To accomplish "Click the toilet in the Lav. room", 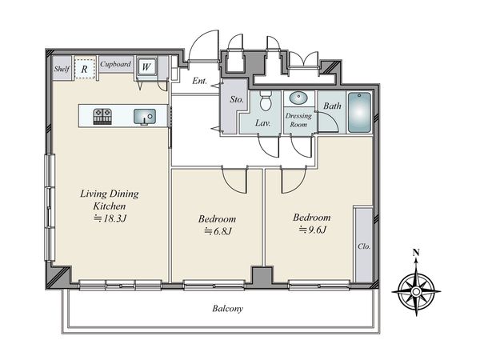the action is click(266, 100).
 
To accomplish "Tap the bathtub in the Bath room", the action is click(359, 112).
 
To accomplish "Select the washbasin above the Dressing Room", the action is click(298, 98).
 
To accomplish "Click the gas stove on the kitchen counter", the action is click(102, 117).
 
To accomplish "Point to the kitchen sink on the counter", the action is click(145, 117).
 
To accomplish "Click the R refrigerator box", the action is click(85, 69).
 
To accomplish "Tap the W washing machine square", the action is click(146, 66).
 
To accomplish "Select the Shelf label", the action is click(62, 69).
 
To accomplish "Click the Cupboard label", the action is click(116, 64).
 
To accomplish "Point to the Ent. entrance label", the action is click(199, 81).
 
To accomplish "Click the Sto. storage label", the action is click(237, 99).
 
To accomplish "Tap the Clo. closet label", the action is click(364, 246).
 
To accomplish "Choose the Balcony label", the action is click(228, 309).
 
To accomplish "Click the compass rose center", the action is click(416, 291).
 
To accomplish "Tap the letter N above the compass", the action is click(416, 253).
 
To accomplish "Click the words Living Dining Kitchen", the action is click(110, 199).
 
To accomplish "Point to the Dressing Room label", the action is click(298, 120).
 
